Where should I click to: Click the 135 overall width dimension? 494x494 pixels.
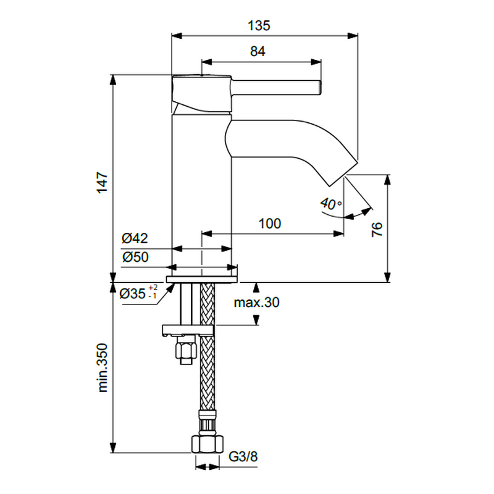259,25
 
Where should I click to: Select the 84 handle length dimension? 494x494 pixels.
257,51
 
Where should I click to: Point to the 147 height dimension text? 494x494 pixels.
103,183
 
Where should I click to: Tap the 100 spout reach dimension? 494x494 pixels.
270,224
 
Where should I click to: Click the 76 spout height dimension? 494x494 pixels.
377,229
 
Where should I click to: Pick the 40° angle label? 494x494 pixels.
331,204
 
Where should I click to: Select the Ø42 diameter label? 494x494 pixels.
135,238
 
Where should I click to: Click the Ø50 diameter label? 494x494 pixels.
135,257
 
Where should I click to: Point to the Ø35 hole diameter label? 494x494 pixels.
133,294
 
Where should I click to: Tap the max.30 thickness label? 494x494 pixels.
256,303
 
